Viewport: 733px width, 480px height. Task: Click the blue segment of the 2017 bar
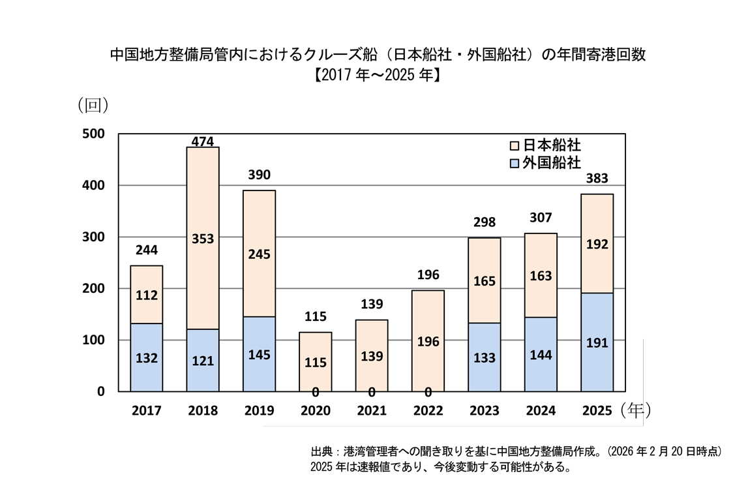(x=147, y=357)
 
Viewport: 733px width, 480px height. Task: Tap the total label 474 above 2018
(x=203, y=141)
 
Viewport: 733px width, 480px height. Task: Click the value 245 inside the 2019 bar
(x=259, y=254)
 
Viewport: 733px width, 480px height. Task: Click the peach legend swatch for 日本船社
(x=514, y=145)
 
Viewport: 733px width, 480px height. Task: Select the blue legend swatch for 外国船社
(x=514, y=162)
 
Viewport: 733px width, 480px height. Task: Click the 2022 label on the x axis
(x=428, y=411)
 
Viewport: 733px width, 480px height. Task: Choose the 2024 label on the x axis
(x=541, y=411)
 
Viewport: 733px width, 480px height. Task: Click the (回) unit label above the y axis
(x=93, y=104)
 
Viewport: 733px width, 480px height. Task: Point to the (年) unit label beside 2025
(x=636, y=410)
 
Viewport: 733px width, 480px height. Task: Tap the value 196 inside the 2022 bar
(x=428, y=342)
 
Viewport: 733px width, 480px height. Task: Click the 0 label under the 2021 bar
(x=372, y=392)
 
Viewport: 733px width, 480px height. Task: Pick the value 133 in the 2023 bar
(x=485, y=357)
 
